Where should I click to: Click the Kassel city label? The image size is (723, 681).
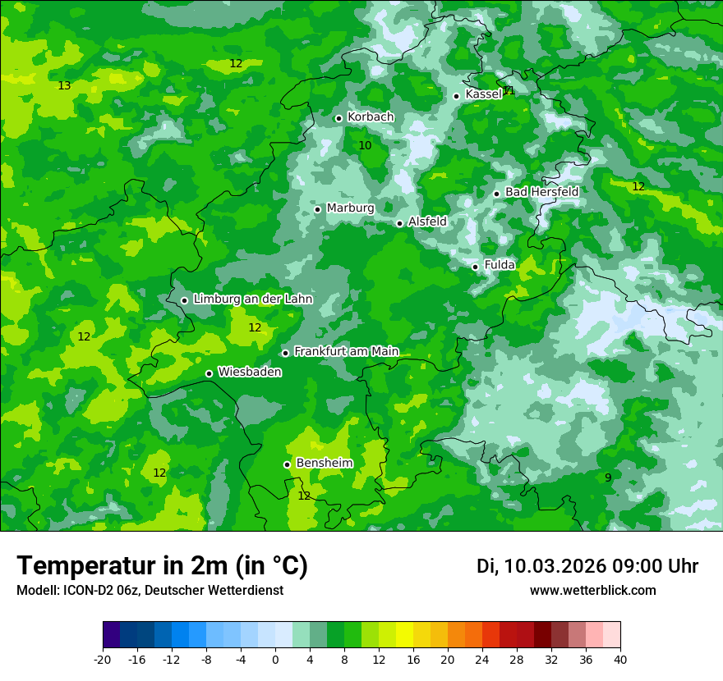tap(483, 94)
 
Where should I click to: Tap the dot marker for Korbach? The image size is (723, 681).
tap(338, 118)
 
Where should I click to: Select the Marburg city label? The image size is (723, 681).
tap(350, 208)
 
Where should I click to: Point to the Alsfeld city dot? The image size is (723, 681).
tap(400, 223)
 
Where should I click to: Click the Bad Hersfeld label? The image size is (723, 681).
tap(541, 192)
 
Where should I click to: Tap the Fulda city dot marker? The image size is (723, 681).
tap(476, 267)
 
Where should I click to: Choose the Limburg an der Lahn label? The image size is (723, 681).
tap(252, 299)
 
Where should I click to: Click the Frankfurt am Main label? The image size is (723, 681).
tap(346, 352)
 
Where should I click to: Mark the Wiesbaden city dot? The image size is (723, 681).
tap(210, 374)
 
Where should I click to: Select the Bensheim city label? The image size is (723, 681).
tap(324, 464)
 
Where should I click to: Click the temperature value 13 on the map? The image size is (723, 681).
tap(64, 86)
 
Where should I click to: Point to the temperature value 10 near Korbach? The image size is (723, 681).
tap(365, 146)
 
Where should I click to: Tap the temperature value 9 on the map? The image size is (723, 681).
tap(608, 478)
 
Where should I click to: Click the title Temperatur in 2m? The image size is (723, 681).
tap(162, 566)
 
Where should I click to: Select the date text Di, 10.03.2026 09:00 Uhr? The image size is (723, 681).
tap(587, 566)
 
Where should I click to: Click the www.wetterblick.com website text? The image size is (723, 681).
tap(592, 591)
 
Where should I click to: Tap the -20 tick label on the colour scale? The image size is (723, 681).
tap(103, 659)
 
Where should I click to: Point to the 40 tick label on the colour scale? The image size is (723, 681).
tap(620, 659)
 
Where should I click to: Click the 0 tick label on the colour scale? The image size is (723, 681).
tap(275, 659)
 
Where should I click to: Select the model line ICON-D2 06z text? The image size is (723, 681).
tap(150, 591)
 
